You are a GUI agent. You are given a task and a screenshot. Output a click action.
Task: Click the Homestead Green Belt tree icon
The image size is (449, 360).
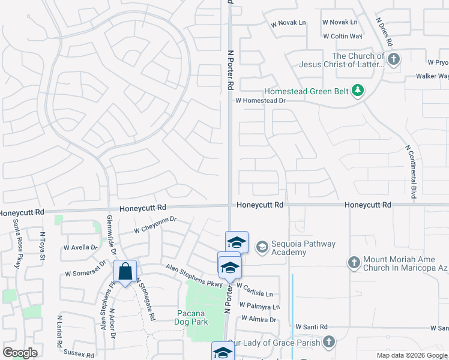point(358,91)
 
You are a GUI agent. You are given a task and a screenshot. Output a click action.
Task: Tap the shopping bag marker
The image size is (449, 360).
point(125,272)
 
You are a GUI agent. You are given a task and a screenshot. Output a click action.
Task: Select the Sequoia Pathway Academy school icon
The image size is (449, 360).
point(262,246)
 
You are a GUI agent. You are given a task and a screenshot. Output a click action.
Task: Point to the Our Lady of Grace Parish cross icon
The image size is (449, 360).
point(328,342)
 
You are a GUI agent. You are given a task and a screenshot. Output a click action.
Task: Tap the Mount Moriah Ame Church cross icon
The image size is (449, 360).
point(354,262)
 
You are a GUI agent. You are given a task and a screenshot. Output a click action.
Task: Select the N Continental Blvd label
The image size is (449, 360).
point(411,172)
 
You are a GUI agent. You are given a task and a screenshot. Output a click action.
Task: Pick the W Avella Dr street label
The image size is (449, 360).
point(80,247)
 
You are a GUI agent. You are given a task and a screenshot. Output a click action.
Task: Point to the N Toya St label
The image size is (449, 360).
point(43,246)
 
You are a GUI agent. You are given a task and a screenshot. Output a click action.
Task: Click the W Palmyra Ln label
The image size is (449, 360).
point(259,307)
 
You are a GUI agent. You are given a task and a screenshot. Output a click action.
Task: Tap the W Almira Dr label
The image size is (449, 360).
point(256,320)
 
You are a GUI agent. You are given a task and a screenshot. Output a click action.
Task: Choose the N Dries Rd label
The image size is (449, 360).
point(384,32)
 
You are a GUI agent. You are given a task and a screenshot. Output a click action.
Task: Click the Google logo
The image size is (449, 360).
point(20,353)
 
